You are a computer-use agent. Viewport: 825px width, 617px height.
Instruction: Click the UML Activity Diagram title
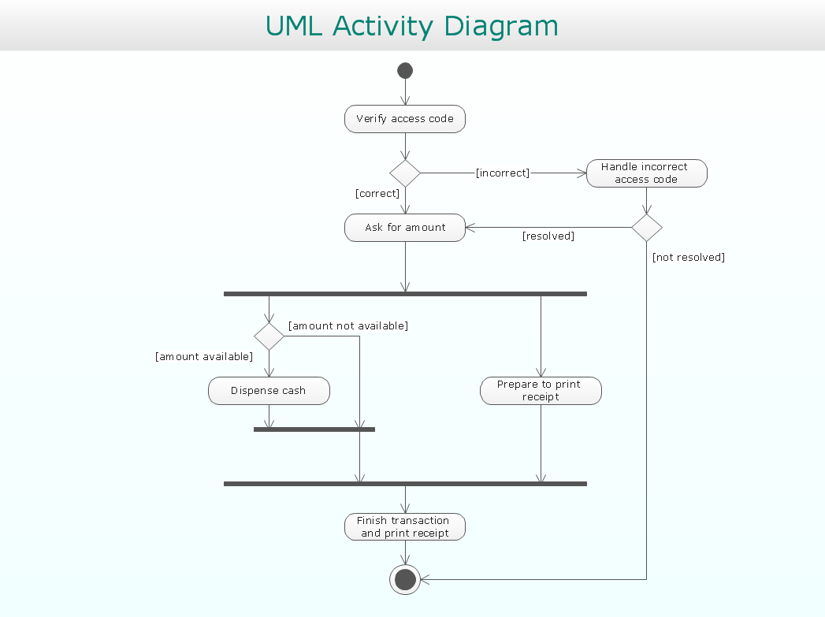411,25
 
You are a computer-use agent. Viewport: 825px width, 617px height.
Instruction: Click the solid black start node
405,71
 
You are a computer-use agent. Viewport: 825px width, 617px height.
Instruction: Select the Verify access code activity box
405,119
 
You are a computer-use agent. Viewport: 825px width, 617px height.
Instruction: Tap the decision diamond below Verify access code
405,173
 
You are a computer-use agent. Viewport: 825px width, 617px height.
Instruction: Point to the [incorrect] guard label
503,173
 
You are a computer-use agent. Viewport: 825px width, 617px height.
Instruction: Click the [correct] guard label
377,194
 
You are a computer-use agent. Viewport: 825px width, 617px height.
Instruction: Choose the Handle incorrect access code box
646,173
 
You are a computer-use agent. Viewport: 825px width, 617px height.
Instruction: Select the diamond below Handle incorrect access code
646,228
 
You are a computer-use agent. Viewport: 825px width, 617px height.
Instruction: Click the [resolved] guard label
548,236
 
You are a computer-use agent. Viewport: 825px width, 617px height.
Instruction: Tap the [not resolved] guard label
688,258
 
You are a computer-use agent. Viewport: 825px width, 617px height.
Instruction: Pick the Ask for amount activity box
405,228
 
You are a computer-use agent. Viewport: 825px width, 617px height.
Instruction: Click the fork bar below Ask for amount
405,294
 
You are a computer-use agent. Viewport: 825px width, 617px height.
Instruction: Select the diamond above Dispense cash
269,336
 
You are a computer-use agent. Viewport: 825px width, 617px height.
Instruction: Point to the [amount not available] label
347,326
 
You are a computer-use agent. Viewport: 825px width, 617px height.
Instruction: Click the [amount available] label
204,357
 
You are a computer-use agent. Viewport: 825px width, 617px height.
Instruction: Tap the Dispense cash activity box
269,391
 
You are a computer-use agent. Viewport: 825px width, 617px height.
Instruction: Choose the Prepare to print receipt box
541,391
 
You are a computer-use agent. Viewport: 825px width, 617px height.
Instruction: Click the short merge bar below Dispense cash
314,429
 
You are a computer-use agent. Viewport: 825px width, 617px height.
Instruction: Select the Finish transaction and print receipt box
405,527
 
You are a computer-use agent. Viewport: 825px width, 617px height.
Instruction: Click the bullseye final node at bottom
405,580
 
